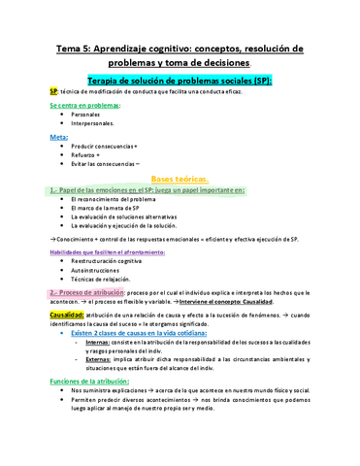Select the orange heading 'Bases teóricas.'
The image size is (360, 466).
click(x=180, y=180)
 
